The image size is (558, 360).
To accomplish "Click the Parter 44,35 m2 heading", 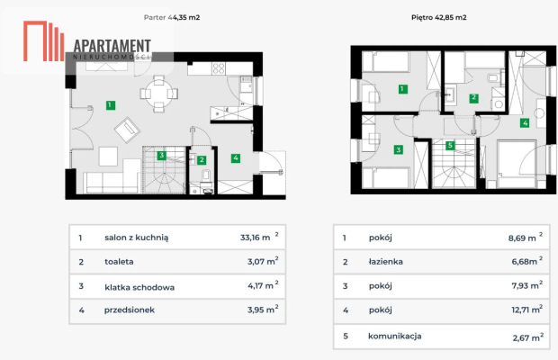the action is [172, 17].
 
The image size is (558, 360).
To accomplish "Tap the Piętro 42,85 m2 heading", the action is [439, 17].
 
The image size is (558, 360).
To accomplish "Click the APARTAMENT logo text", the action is [112, 46].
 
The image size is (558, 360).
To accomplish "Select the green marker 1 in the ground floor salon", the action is [111, 105].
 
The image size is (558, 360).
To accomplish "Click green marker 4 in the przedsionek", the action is [236, 157].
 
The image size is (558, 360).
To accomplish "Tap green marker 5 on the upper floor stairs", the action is [450, 145].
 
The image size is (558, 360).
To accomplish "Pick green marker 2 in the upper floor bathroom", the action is [473, 98].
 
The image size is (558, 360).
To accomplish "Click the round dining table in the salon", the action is [158, 94].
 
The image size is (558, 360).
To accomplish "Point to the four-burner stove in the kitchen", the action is [219, 68].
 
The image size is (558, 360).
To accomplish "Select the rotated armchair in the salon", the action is [127, 130].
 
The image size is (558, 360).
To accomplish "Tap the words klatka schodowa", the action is [139, 287].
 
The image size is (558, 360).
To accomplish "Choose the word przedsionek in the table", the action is [130, 310].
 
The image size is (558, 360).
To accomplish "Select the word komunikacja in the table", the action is [395, 337].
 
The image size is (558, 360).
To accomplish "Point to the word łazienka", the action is [386, 262].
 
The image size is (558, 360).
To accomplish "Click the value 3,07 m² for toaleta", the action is [263, 261].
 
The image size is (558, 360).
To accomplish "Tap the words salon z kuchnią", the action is [137, 238].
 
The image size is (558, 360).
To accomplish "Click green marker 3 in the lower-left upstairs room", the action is [398, 149].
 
